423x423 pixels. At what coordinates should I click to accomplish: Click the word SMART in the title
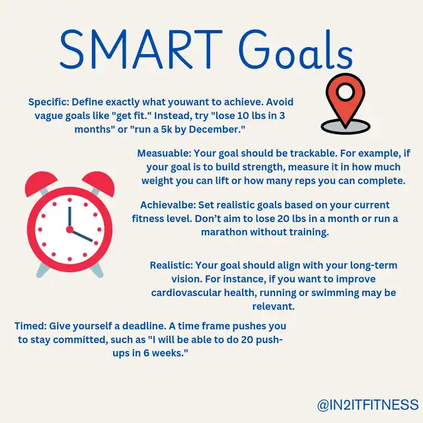pyautogui.click(x=141, y=50)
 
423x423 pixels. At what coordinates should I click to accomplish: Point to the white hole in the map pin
pyautogui.click(x=346, y=91)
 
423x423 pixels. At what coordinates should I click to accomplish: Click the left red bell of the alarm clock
pyautogui.click(x=40, y=184)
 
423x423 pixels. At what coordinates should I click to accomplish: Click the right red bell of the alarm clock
pyautogui.click(x=99, y=184)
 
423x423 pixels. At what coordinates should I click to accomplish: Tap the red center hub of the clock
pyautogui.click(x=69, y=229)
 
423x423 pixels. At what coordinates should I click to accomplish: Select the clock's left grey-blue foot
pyautogui.click(x=42, y=270)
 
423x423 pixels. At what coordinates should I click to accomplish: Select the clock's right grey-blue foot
pyautogui.click(x=96, y=270)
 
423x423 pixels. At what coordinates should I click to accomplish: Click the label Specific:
pyautogui.click(x=49, y=102)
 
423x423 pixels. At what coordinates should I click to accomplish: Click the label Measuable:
pyautogui.click(x=165, y=153)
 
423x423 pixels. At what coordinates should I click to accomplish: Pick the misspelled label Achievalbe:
pyautogui.click(x=168, y=205)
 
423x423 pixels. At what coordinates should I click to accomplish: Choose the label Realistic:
pyautogui.click(x=171, y=265)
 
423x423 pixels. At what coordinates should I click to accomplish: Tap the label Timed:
pyautogui.click(x=30, y=326)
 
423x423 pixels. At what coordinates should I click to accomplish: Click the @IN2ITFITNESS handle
pyautogui.click(x=367, y=405)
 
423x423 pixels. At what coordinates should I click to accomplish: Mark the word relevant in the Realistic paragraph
pyautogui.click(x=273, y=307)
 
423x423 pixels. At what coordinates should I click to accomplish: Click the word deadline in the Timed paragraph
pyautogui.click(x=144, y=326)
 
